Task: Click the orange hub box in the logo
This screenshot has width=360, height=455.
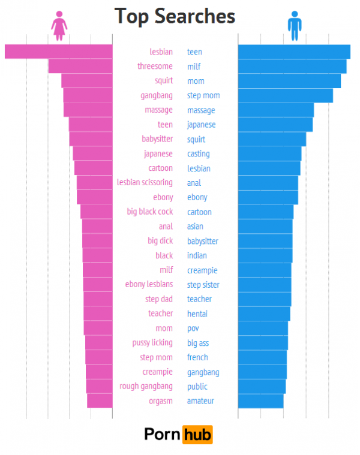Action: pyautogui.click(x=197, y=434)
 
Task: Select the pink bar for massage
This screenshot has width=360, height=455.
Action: pyautogui.click(x=88, y=110)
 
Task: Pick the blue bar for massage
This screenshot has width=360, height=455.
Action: pyautogui.click(x=275, y=110)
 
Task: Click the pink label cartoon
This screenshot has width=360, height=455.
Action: pyautogui.click(x=160, y=168)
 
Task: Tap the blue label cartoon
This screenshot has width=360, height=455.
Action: pyautogui.click(x=199, y=212)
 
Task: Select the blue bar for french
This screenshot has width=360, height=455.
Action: pyautogui.click(x=262, y=357)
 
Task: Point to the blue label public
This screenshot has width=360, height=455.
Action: pyautogui.click(x=197, y=387)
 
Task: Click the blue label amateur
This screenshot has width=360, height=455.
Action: pyautogui.click(x=200, y=401)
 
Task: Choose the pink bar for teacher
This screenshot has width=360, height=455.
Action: pyautogui.click(x=98, y=314)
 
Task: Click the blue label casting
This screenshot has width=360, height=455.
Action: pyautogui.click(x=199, y=154)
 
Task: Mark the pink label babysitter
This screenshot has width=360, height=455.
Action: pyautogui.click(x=157, y=139)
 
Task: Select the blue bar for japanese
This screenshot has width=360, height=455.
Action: pyautogui.click(x=275, y=125)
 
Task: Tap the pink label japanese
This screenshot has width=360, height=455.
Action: pyautogui.click(x=158, y=154)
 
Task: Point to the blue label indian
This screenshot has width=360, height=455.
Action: pyautogui.click(x=197, y=256)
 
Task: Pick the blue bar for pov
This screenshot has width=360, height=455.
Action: pyautogui.click(x=263, y=329)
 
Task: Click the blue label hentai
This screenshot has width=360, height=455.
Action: pyautogui.click(x=197, y=314)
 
